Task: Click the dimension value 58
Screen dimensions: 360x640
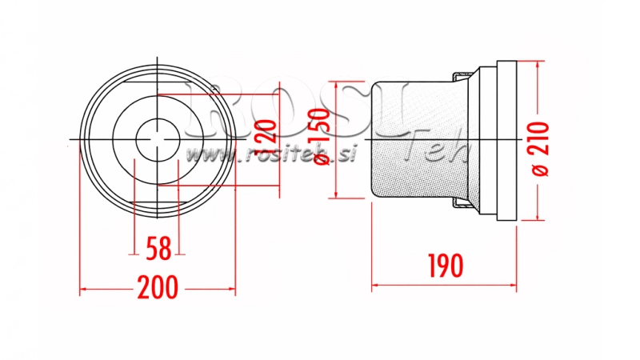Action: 158,249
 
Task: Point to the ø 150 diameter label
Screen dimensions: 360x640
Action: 320,139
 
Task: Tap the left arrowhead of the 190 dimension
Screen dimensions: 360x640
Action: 375,284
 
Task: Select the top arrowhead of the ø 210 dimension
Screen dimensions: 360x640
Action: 537,65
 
